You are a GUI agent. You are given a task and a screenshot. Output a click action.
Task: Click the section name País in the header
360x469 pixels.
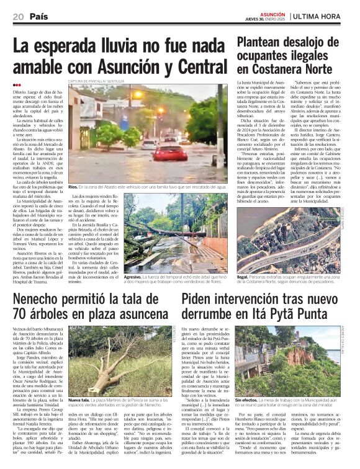[x=38, y=16]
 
